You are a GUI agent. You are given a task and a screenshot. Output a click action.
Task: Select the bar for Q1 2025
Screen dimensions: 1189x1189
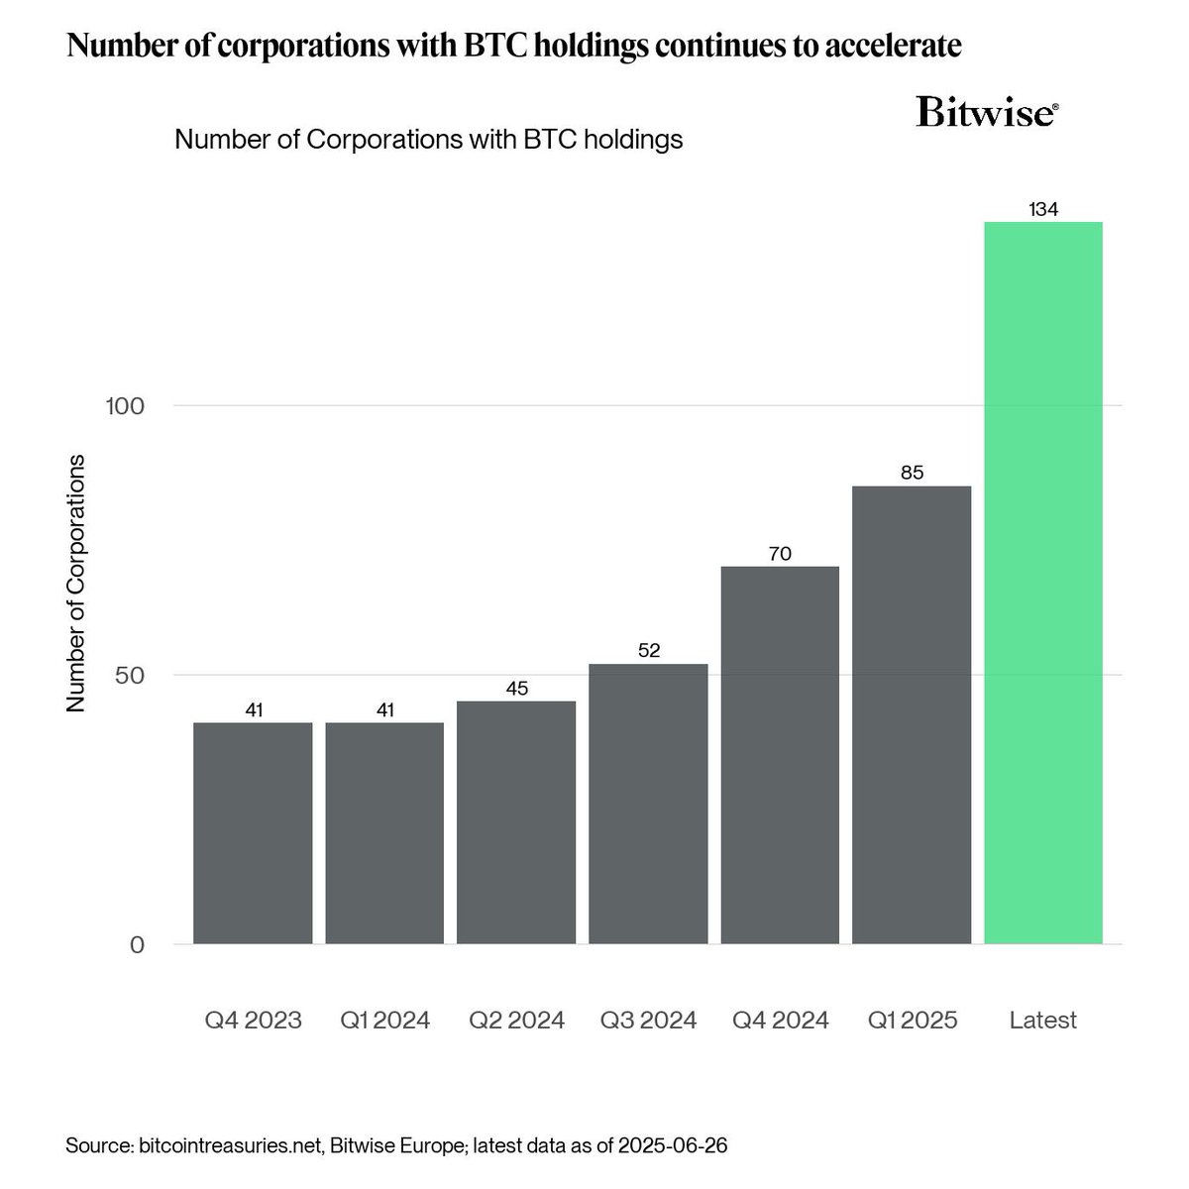[x=912, y=714]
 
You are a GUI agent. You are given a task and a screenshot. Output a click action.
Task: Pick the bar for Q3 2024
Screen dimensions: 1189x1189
[x=648, y=804]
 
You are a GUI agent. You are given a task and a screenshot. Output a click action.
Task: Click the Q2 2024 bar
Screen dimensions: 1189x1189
[x=516, y=822]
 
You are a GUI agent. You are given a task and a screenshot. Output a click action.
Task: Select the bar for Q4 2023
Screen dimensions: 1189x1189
[x=253, y=833]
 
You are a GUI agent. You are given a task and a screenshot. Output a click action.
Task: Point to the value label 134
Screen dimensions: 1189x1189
[x=1043, y=210]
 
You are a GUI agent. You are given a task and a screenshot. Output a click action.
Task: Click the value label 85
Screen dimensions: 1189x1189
[x=912, y=474]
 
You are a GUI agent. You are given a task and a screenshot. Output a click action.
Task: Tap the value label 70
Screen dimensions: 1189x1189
[x=780, y=554]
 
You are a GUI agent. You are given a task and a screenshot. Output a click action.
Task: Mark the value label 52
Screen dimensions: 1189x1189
[x=648, y=651]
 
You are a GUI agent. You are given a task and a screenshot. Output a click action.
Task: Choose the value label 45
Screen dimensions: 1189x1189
[x=516, y=689]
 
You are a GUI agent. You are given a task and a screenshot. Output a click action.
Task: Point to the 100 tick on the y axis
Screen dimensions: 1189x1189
[x=125, y=406]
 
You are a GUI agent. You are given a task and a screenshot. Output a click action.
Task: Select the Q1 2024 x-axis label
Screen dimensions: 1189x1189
[x=384, y=1021]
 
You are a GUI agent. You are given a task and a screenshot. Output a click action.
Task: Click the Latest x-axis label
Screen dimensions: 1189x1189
[x=1043, y=1021]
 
